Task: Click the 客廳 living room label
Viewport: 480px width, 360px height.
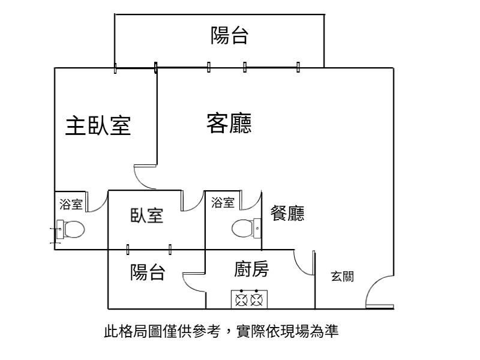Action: pyautogui.click(x=229, y=123)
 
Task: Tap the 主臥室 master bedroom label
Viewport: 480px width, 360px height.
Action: pyautogui.click(x=98, y=125)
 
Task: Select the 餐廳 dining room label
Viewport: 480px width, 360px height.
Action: pyautogui.click(x=287, y=213)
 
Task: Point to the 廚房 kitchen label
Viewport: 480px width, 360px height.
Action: pyautogui.click(x=251, y=269)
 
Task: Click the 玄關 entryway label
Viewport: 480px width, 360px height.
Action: pyautogui.click(x=342, y=277)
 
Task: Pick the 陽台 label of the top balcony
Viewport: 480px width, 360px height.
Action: pyautogui.click(x=229, y=35)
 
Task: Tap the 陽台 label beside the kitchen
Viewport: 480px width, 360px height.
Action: pyautogui.click(x=148, y=272)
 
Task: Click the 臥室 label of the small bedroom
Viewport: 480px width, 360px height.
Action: pyautogui.click(x=147, y=215)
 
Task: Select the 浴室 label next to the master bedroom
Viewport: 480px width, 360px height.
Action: pyautogui.click(x=71, y=204)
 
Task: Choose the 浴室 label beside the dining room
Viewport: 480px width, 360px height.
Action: pyautogui.click(x=223, y=202)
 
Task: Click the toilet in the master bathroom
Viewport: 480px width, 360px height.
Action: pyautogui.click(x=71, y=229)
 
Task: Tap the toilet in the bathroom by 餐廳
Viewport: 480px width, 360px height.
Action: pyautogui.click(x=246, y=229)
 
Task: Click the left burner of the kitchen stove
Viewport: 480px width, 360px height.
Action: pyautogui.click(x=241, y=300)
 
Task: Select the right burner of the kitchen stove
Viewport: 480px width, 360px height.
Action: pyautogui.click(x=257, y=300)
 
